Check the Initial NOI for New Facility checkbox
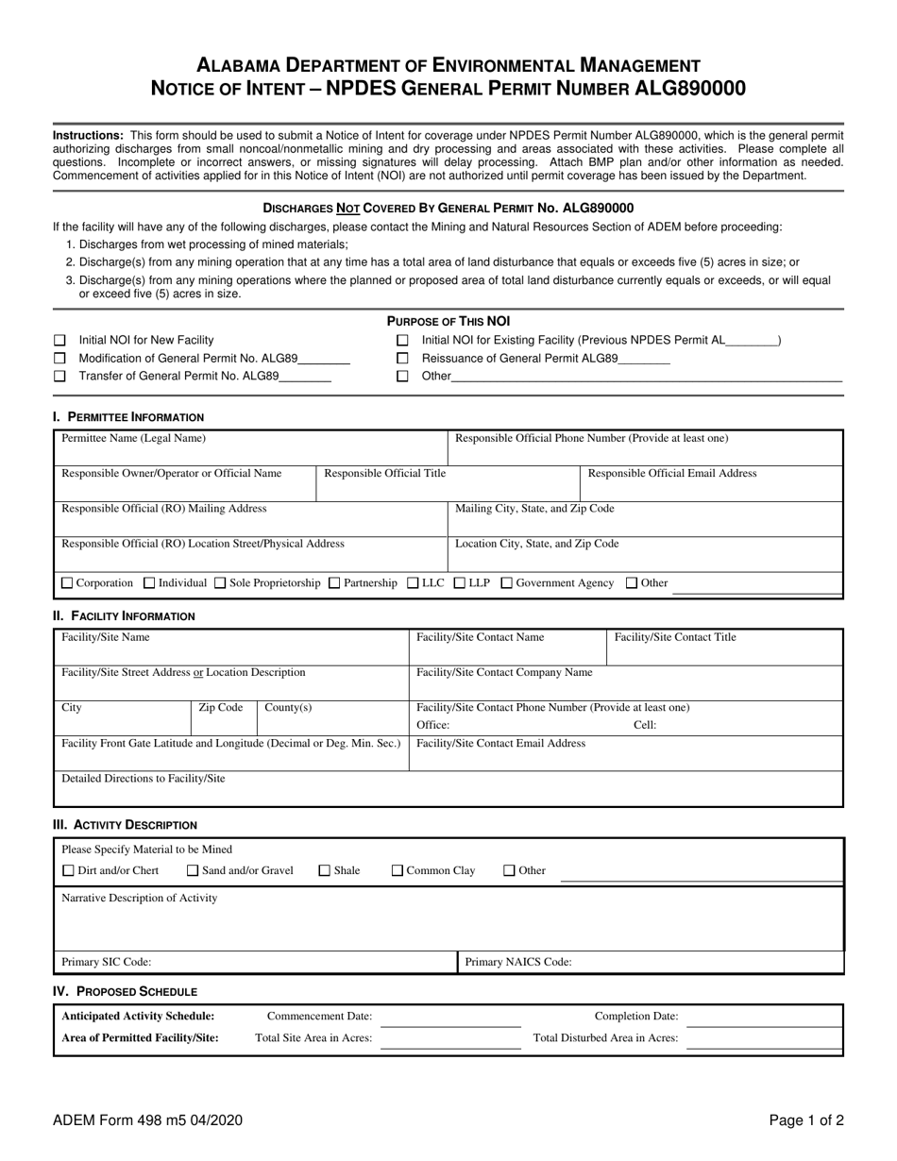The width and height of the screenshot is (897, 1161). pyautogui.click(x=60, y=341)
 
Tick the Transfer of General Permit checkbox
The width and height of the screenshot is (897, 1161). pyautogui.click(x=60, y=376)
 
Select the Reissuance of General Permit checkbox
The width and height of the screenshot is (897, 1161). pyautogui.click(x=403, y=359)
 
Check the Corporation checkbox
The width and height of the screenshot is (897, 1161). pyautogui.click(x=67, y=583)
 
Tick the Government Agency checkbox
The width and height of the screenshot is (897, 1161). pyautogui.click(x=507, y=583)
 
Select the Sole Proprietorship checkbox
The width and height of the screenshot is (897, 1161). pyautogui.click(x=221, y=583)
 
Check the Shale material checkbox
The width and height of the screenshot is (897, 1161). pyautogui.click(x=325, y=871)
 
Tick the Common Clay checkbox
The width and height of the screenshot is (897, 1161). pyautogui.click(x=398, y=871)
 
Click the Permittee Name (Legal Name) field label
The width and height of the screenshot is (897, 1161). pyautogui.click(x=133, y=439)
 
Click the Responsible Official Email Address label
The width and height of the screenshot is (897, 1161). pyautogui.click(x=672, y=474)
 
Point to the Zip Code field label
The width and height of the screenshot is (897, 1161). pyautogui.click(x=221, y=708)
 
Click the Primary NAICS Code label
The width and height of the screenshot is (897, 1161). pyautogui.click(x=518, y=963)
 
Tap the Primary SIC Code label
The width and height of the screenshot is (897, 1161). pyautogui.click(x=106, y=963)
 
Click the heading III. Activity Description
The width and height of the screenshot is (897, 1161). pyautogui.click(x=126, y=825)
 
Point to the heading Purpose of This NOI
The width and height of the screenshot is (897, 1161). pyautogui.click(x=448, y=322)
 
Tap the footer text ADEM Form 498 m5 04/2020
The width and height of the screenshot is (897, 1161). pyautogui.click(x=148, y=1121)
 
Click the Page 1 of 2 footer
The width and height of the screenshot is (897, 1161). pyautogui.click(x=805, y=1121)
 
